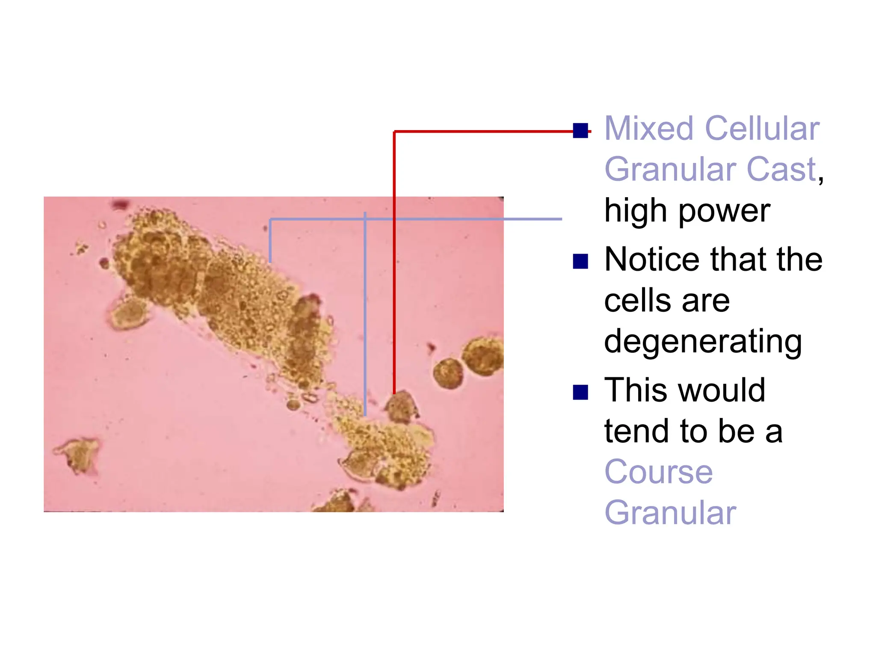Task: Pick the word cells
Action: point(636,301)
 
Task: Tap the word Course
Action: point(658,472)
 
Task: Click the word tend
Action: point(635,431)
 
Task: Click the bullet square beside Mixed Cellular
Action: point(580,130)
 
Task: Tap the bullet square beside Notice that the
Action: point(580,261)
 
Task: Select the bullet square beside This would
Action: point(580,392)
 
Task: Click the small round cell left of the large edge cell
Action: point(448,373)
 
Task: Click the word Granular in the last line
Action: point(670,513)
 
